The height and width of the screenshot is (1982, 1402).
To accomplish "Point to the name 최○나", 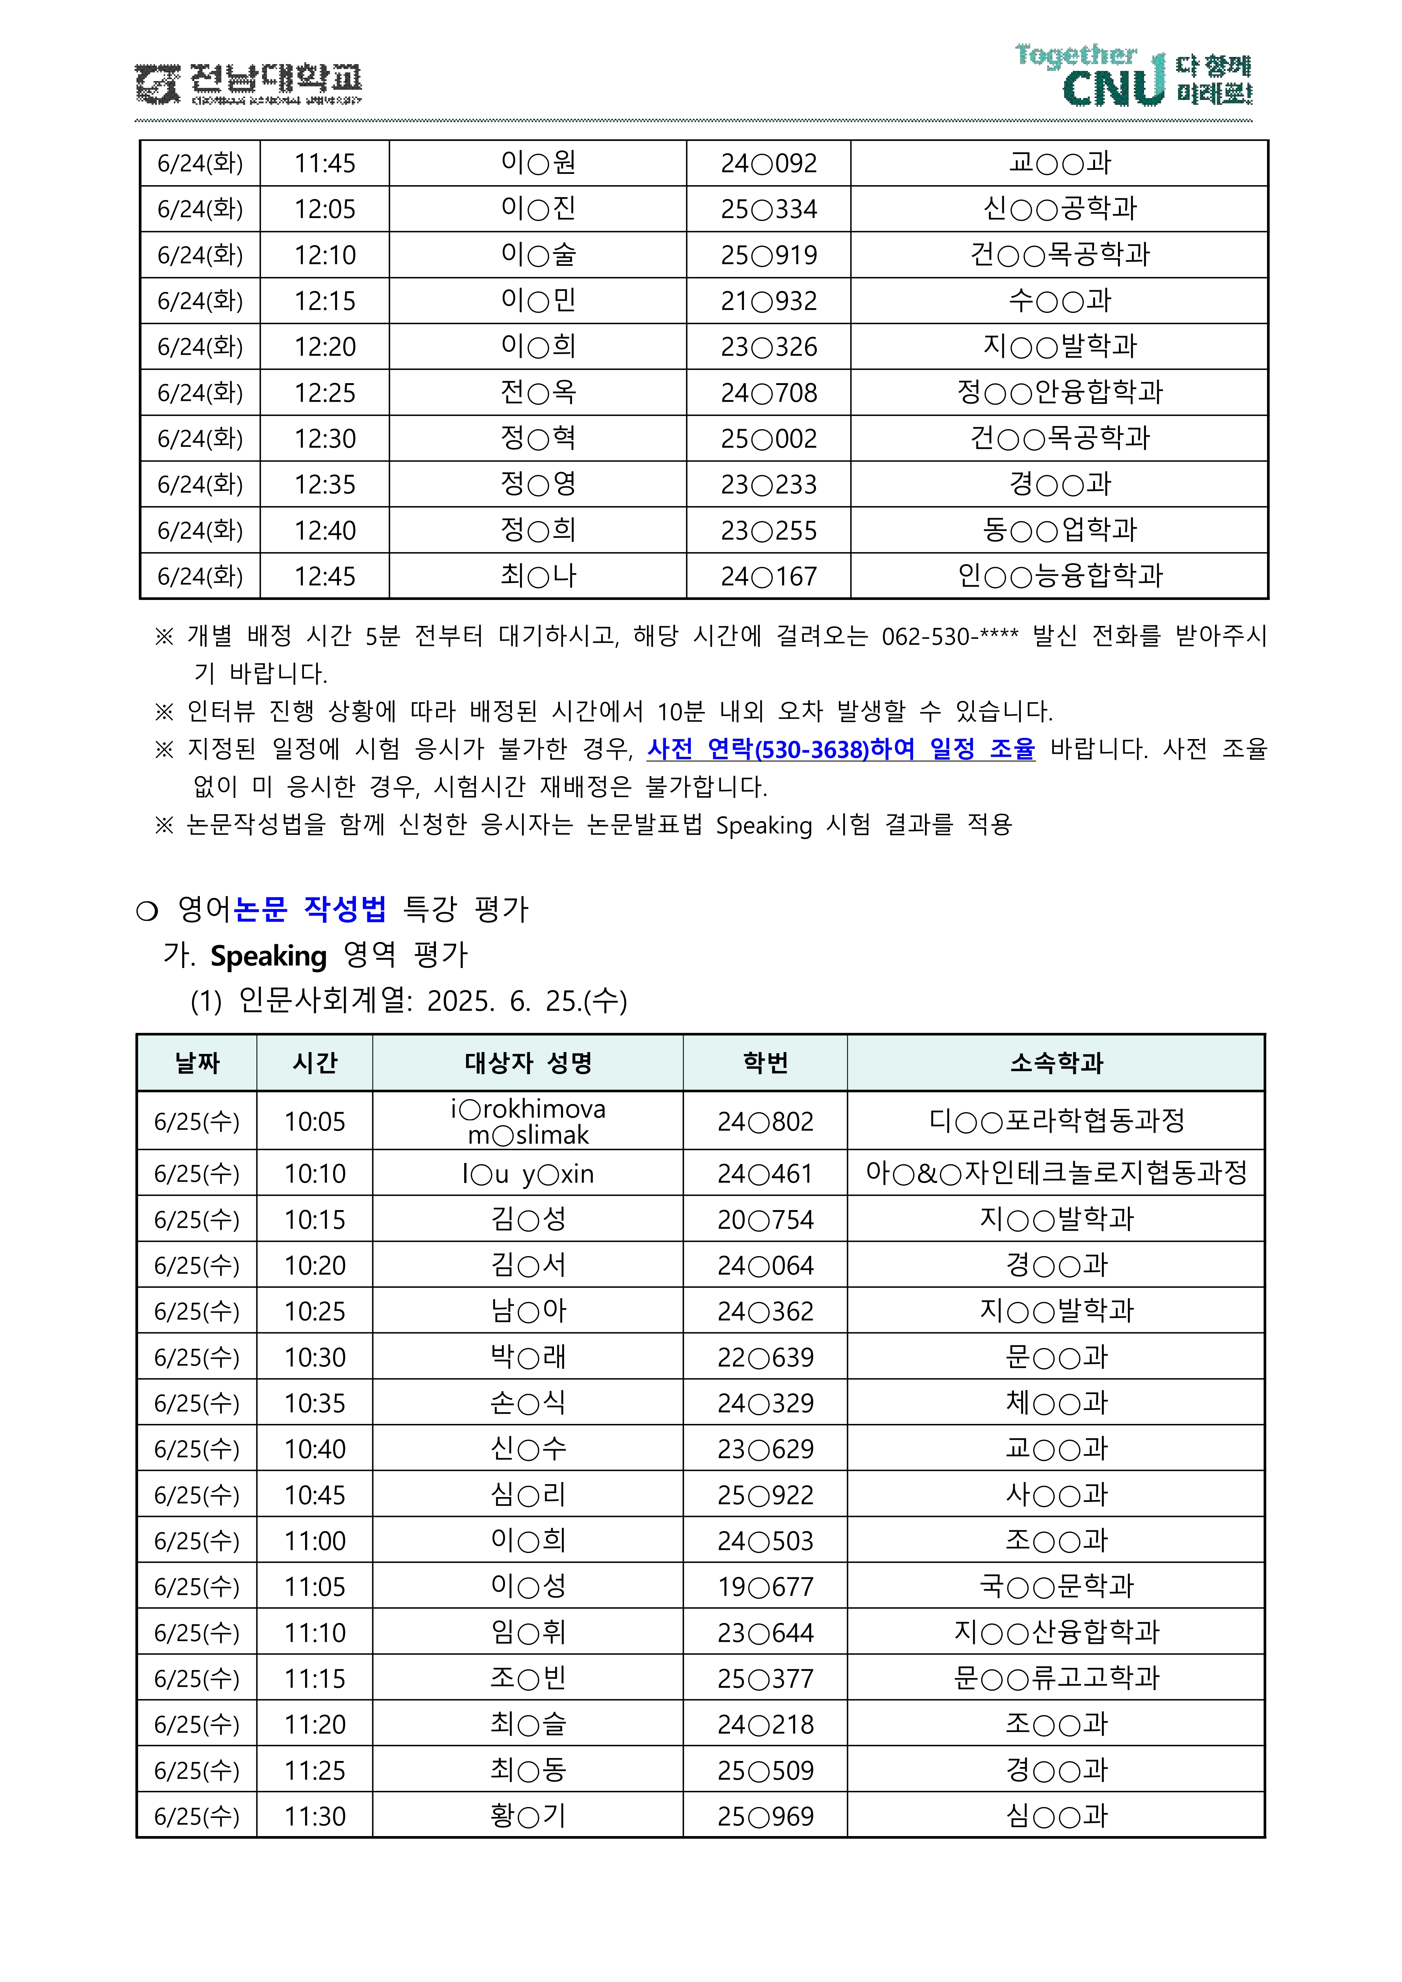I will (538, 576).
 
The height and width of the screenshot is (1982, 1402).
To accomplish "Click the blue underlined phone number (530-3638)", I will (811, 749).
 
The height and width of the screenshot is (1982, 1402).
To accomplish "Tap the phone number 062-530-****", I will (949, 637).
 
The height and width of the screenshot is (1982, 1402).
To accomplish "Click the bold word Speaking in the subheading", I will (268, 956).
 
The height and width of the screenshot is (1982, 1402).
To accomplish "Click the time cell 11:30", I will (315, 1816).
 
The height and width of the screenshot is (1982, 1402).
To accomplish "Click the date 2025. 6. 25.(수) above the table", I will (527, 1001).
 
